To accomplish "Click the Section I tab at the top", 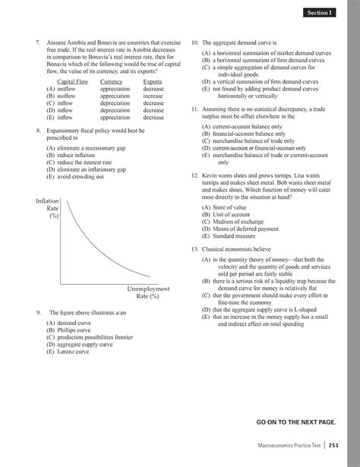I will [318, 13].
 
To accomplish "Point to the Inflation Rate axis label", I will [48, 207].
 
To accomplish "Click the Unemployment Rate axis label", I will [148, 293].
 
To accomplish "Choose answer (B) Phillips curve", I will [68, 331].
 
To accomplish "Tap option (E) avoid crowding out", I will [77, 176].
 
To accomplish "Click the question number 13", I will [194, 249].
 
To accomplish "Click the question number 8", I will [38, 131].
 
